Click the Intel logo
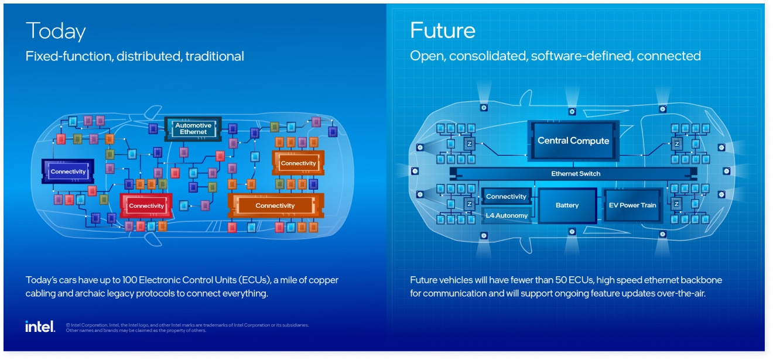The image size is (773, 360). [x=40, y=327]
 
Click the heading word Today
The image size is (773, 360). [x=56, y=31]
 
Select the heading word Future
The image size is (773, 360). [x=442, y=30]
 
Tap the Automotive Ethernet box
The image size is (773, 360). [x=193, y=129]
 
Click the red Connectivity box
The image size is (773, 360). [x=146, y=205]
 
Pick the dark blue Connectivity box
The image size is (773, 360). [x=68, y=172]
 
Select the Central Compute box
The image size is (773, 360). [x=573, y=141]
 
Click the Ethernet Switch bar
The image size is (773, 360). [x=575, y=174]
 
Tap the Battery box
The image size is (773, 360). [x=567, y=205]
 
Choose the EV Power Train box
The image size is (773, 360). [x=632, y=205]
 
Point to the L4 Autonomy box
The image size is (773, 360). [x=507, y=215]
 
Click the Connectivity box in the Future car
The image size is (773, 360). [x=507, y=197]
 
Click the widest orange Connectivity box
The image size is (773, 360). [x=275, y=205]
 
